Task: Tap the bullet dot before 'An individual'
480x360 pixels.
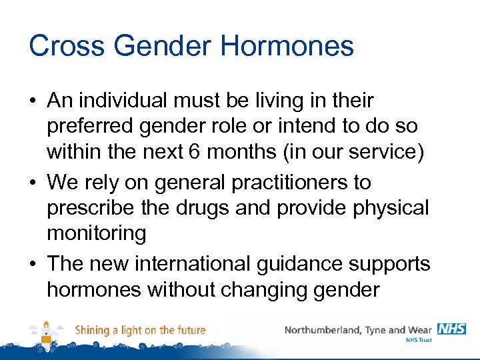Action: (32, 101)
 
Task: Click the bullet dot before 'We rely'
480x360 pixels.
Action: (32, 183)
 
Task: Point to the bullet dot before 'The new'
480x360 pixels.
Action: (32, 264)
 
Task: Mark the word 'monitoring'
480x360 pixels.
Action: (96, 233)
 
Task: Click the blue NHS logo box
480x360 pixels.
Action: (451, 328)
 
